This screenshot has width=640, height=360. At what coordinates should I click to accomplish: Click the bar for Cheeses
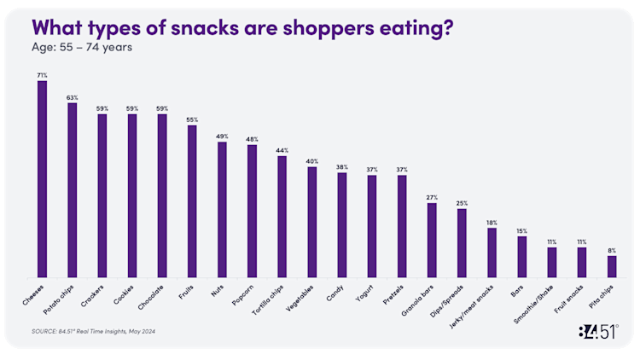[42, 179]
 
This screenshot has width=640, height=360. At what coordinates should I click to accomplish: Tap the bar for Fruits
[192, 201]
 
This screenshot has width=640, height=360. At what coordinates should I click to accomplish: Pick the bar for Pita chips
[612, 266]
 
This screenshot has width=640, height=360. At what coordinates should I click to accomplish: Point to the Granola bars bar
[432, 240]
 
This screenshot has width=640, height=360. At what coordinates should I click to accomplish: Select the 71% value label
[42, 75]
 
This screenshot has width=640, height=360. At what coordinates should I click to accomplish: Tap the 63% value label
[73, 97]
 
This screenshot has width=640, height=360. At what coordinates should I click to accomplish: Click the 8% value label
[612, 250]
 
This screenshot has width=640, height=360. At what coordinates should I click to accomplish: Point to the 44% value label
[282, 150]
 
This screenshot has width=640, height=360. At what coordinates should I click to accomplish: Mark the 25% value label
[462, 203]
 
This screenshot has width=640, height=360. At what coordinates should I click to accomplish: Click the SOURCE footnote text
[92, 330]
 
